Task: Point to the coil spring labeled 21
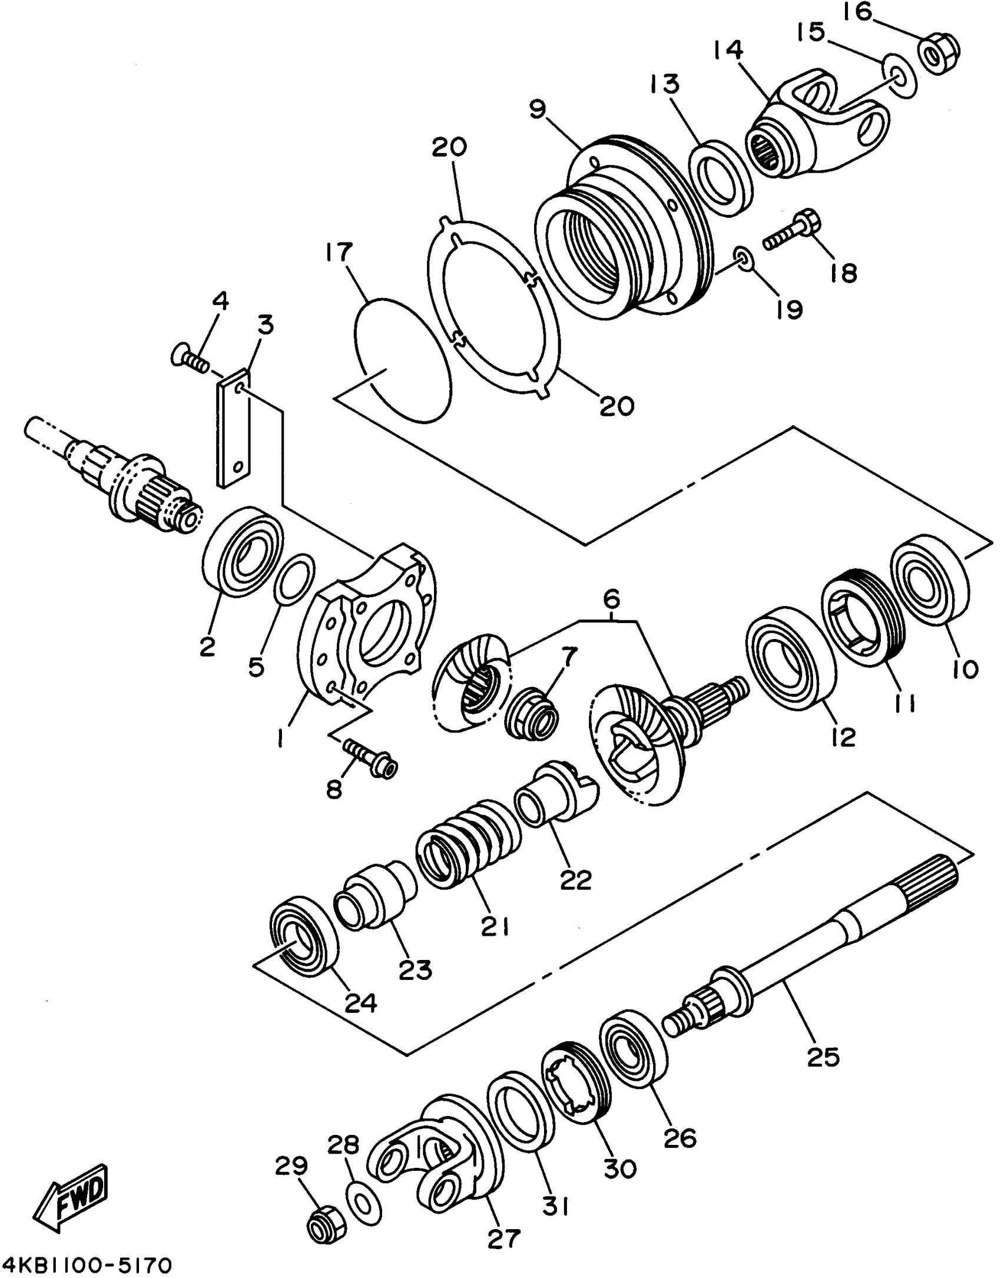tap(466, 845)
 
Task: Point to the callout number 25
tap(823, 1057)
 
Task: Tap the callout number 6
tap(611, 600)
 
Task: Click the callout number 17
tap(338, 252)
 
